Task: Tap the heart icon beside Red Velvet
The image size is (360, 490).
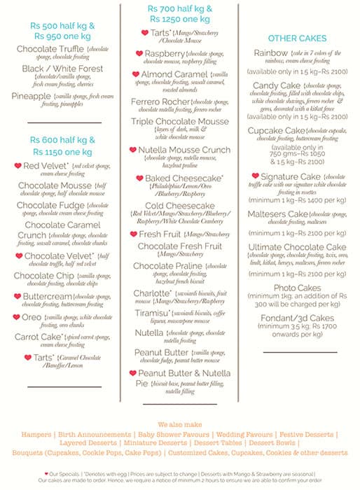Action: (x=18, y=166)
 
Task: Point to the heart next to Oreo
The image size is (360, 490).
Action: (x=17, y=317)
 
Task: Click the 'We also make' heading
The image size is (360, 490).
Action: (x=179, y=424)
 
